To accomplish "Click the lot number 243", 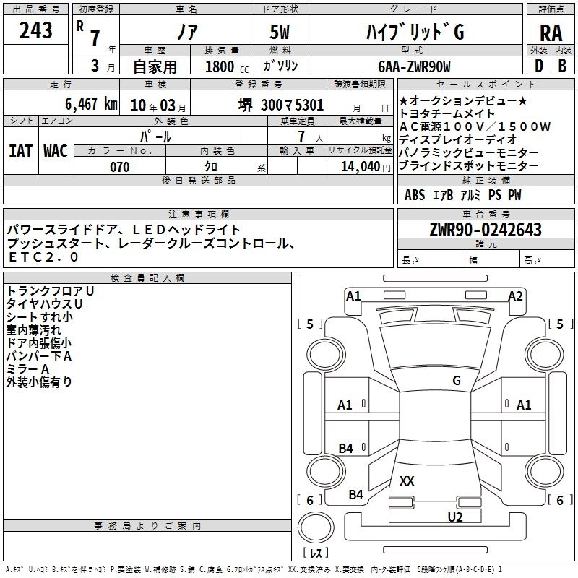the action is pos(36,30).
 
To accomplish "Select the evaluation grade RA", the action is pos(551,33).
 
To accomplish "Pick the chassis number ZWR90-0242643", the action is pos(486,230).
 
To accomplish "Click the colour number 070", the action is pos(119,167).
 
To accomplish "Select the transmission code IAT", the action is pos(21,150).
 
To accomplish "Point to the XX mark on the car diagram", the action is pos(407,480).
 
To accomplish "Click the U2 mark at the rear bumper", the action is pos(454,517).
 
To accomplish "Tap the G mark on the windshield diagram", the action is pos(456,380).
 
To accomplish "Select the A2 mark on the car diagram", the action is pos(515,296).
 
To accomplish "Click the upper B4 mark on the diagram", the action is pos(346,449).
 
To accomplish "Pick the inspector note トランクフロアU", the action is pos(51,290).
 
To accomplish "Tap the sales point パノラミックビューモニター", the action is pos(468,153).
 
